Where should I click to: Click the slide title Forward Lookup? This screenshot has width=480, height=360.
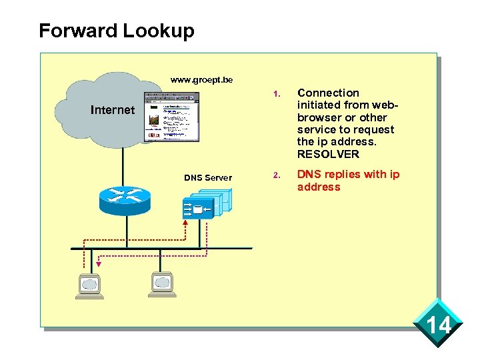(117, 31)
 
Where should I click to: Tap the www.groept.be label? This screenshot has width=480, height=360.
(201, 79)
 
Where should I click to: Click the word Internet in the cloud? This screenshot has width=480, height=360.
(112, 110)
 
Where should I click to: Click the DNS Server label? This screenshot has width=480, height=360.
(208, 177)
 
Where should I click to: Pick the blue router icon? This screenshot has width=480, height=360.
(125, 197)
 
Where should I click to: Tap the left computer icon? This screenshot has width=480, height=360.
(89, 285)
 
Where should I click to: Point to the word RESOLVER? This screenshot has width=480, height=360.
(328, 155)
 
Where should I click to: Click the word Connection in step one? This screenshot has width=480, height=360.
(328, 93)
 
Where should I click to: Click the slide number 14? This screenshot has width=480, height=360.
(439, 326)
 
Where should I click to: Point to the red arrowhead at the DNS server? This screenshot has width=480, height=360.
(185, 222)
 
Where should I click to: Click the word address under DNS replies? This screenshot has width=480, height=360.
(319, 187)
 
